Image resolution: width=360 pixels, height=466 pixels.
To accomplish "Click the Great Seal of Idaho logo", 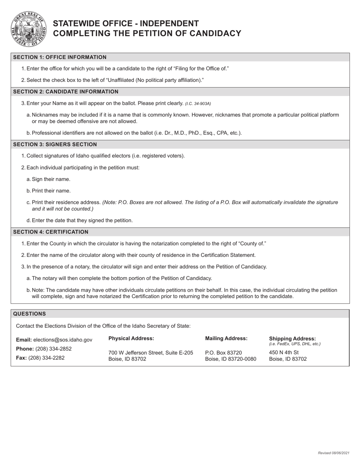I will click(28, 29).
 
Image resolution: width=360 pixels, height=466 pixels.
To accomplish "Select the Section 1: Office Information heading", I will click(60, 57).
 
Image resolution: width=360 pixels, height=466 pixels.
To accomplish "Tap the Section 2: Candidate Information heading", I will click(66, 92).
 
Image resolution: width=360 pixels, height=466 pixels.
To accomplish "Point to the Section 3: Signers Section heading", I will click(55, 144).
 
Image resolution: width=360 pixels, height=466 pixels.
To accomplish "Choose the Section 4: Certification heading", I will click(51, 232).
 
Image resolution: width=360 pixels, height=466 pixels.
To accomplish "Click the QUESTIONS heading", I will click(30, 314).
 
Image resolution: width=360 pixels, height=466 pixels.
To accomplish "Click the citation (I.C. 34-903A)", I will click(198, 103).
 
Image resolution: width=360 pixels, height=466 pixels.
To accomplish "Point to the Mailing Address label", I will click(226, 338).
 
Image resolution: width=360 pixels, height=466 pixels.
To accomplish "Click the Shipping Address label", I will click(292, 338).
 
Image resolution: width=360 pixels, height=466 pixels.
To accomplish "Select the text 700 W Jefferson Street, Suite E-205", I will click(151, 353).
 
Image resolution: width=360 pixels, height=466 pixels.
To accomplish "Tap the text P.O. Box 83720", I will click(223, 353).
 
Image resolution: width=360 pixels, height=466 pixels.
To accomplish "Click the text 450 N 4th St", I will click(284, 352).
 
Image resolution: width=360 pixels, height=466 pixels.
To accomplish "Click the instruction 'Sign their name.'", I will click(51, 179).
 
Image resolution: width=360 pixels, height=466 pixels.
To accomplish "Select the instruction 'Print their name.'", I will click(51, 191).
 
